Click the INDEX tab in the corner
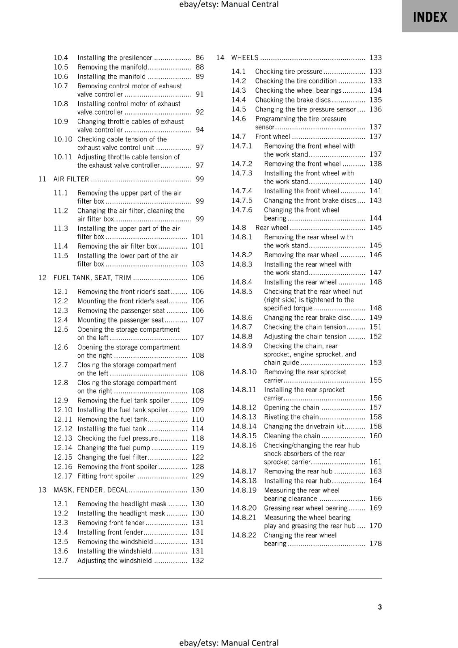430,17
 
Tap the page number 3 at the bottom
379,607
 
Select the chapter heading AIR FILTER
71,179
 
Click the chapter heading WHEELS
244,58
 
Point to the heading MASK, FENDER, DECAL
91,490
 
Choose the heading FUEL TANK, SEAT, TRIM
92,277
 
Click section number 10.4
61,58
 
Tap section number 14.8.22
244,535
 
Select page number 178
375,544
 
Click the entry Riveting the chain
291,417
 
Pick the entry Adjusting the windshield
114,561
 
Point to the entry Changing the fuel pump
113,448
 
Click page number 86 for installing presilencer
199,58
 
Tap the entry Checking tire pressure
289,71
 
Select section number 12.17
62,476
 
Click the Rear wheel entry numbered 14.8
272,228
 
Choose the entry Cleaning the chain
292,436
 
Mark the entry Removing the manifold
112,67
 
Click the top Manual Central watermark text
229,4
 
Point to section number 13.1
61,503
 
